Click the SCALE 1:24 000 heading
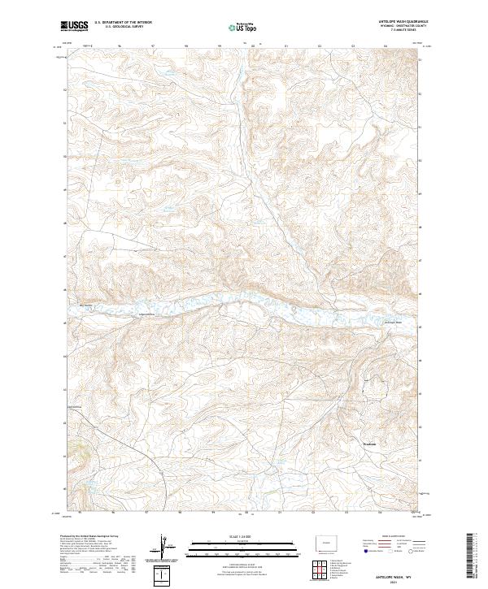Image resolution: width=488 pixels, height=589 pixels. point(242,537)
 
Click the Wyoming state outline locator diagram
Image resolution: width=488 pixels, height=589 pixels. point(325,543)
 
